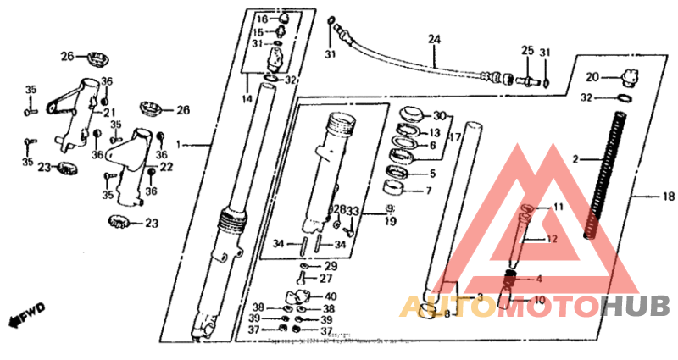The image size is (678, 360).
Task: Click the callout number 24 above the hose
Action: point(434,40)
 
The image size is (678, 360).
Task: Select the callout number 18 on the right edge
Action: point(668,197)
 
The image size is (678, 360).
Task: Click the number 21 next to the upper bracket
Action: point(108,113)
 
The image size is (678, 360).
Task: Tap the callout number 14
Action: point(247,99)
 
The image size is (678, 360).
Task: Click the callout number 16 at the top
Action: point(261,19)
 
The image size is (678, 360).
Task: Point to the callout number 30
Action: point(439,115)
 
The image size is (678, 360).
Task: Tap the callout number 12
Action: point(552,240)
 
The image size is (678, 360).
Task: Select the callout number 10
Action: point(540,300)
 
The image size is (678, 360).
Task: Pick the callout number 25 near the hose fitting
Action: point(526,52)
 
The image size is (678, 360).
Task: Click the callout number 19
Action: point(389,222)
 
